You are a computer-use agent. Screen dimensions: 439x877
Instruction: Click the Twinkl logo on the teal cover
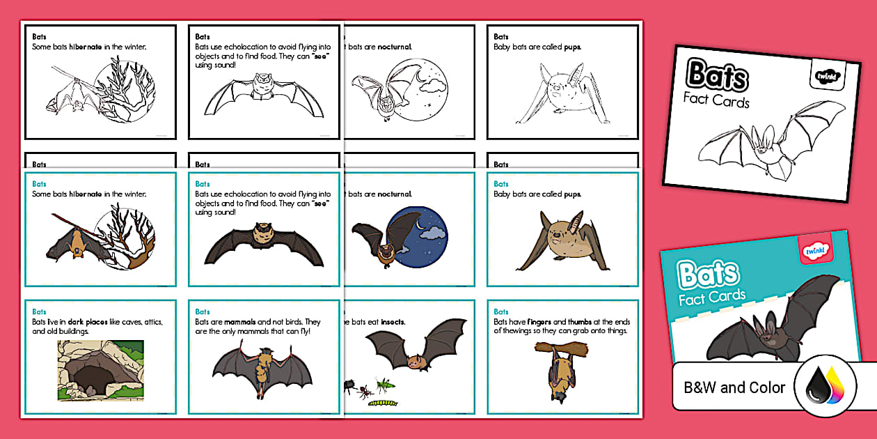tap(814, 249)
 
